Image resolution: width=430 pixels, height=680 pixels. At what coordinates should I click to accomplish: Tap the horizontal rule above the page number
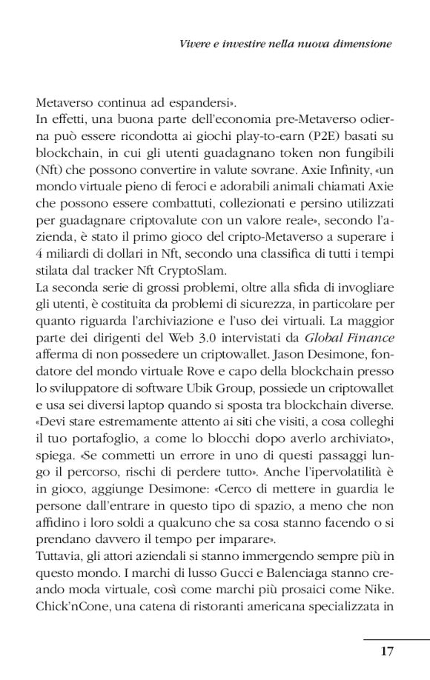[397, 638]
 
